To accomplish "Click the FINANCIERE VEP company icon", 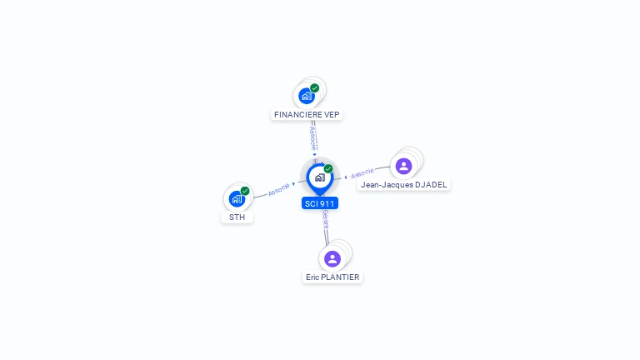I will (x=307, y=96).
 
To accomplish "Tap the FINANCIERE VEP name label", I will (x=307, y=114).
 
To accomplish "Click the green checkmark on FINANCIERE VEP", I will (x=315, y=87).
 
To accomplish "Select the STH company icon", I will (x=237, y=199).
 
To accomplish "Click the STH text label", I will (x=237, y=217).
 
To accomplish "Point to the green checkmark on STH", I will (x=245, y=191).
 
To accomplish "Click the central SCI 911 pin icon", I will (x=319, y=177).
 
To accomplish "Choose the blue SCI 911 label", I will (x=320, y=203).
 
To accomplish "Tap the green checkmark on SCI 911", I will (x=328, y=168).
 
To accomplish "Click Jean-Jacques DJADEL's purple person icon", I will (x=404, y=166).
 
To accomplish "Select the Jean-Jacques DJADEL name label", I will (x=404, y=184).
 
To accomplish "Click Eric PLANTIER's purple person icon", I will (x=332, y=258).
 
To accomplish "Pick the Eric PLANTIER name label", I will (x=332, y=277).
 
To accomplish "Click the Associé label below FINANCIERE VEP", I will (x=312, y=135).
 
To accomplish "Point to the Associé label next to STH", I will (x=279, y=188).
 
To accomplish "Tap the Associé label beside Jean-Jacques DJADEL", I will (x=362, y=173).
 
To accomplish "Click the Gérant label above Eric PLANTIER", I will (x=325, y=219).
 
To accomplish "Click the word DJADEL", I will (x=432, y=184).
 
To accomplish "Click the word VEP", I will (x=332, y=114).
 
